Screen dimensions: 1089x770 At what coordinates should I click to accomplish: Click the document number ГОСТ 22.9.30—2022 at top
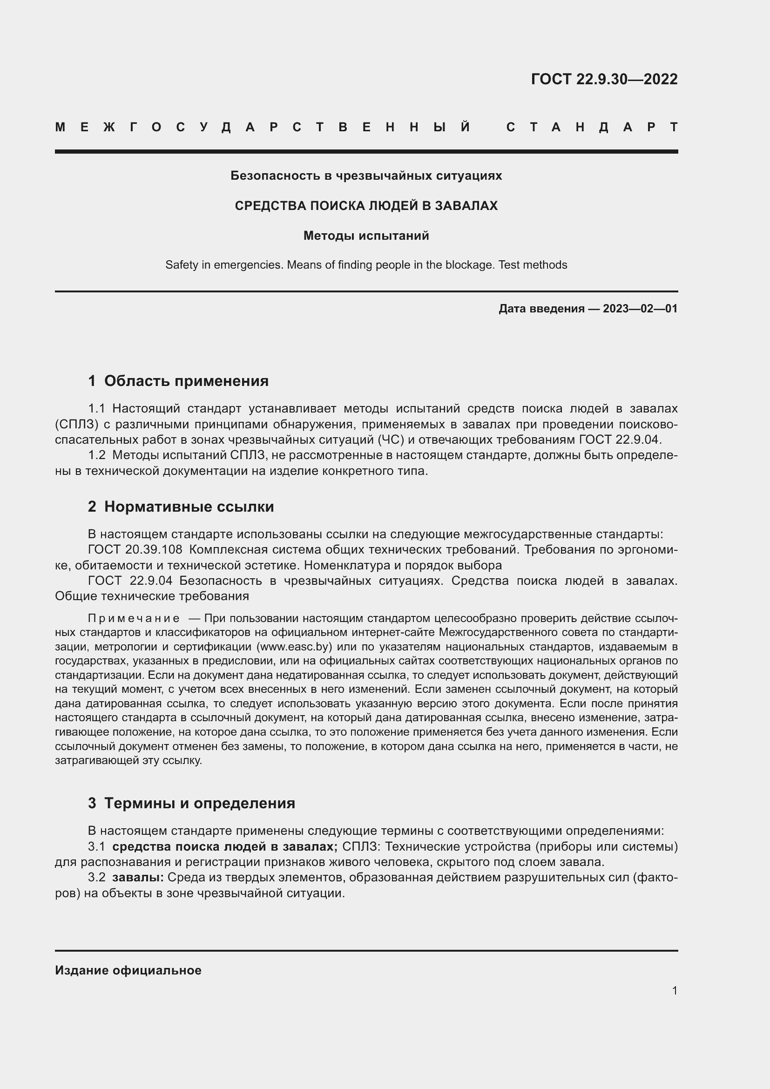pos(604,79)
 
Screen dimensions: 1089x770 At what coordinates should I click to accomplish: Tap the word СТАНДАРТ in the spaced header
pos(592,127)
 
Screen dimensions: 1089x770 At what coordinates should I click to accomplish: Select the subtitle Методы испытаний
pos(366,236)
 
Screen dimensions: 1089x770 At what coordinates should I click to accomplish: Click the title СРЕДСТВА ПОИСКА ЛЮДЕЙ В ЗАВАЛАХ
pos(366,206)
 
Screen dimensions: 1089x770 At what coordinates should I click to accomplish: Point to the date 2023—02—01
pos(640,309)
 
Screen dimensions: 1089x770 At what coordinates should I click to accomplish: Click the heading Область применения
pos(186,381)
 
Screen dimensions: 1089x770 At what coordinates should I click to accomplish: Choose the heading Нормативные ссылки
pos(189,507)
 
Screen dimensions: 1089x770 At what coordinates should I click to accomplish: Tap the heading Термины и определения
pos(199,803)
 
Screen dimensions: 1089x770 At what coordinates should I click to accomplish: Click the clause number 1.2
pos(97,455)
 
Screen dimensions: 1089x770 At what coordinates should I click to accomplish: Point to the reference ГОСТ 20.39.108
pos(135,550)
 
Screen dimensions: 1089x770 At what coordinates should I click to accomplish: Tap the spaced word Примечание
pos(134,618)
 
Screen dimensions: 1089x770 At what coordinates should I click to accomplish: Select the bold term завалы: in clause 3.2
pos(137,878)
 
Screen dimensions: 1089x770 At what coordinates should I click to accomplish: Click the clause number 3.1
pos(97,846)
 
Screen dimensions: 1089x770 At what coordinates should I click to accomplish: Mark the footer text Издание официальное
pos(128,970)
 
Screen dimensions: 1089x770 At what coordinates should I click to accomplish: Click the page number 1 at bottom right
pos(675,990)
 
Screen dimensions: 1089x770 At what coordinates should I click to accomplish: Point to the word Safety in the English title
pos(182,265)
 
